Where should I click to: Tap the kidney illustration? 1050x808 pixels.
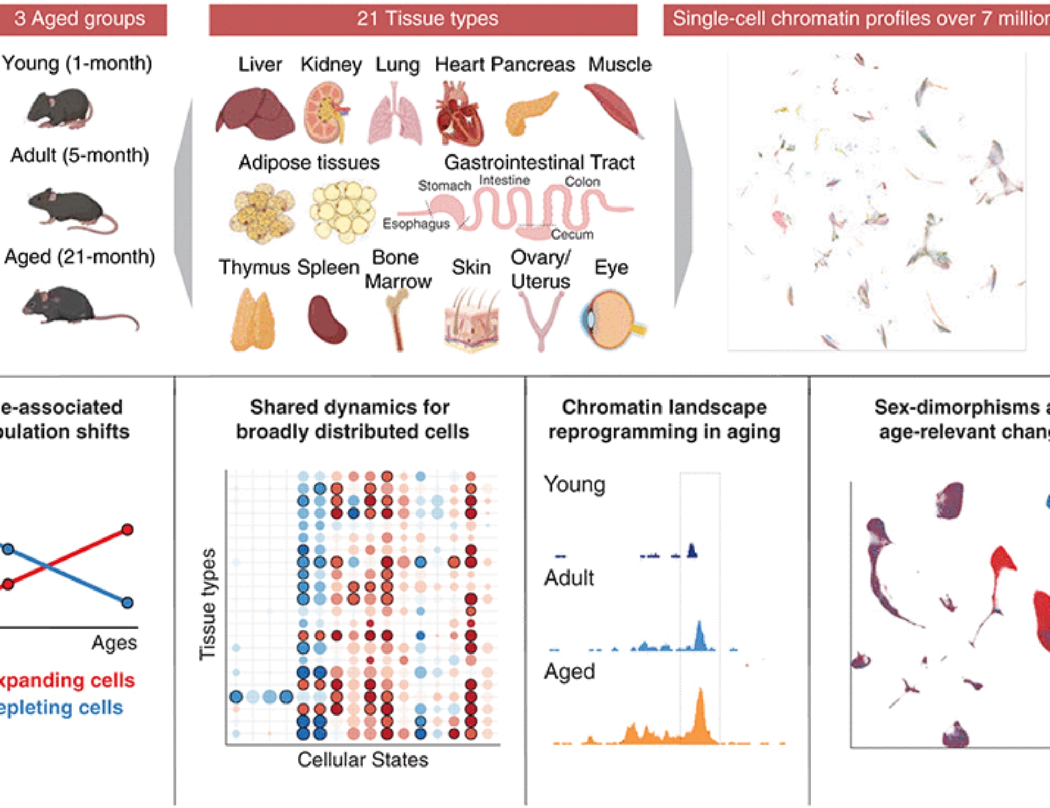pyautogui.click(x=326, y=112)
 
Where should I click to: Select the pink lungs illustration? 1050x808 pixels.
pyautogui.click(x=395, y=116)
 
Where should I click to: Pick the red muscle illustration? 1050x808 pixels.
pyautogui.click(x=613, y=109)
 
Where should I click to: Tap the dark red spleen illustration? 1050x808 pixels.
pyautogui.click(x=326, y=319)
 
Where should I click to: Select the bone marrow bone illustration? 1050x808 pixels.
pyautogui.click(x=397, y=320)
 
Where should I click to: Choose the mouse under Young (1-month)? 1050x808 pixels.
pyautogui.click(x=60, y=109)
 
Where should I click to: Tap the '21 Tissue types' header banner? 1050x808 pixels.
pyautogui.click(x=423, y=19)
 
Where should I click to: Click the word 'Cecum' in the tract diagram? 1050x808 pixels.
pyautogui.click(x=572, y=234)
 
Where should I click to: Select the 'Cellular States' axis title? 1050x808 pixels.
pyautogui.click(x=363, y=760)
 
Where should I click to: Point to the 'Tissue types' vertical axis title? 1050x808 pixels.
pyautogui.click(x=208, y=604)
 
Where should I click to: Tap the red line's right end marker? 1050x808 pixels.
pyautogui.click(x=127, y=530)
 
